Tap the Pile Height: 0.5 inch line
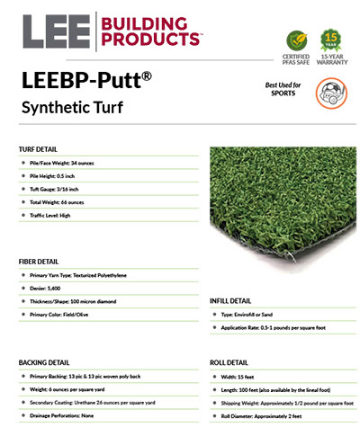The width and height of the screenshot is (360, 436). point(65,176)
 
